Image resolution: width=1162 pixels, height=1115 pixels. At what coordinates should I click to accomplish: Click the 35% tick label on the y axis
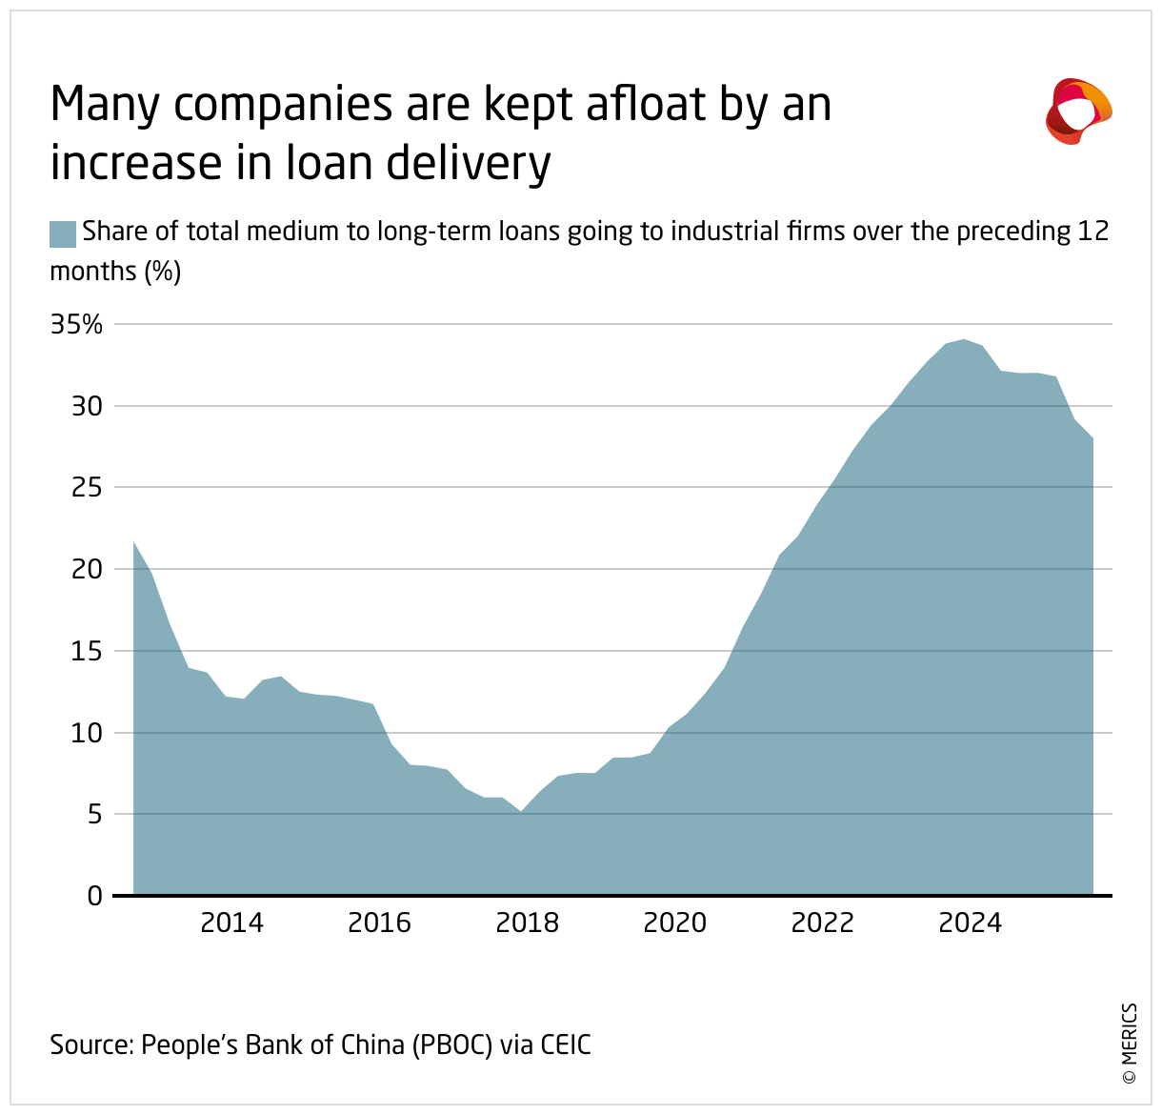point(76,325)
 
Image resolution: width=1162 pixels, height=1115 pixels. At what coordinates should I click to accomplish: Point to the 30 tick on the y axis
point(87,406)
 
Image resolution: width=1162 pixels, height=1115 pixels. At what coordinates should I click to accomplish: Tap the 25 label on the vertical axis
point(87,488)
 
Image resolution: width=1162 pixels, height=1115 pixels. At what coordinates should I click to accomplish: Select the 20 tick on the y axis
point(87,570)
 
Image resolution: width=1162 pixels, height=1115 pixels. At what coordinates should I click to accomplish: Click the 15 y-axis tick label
point(87,652)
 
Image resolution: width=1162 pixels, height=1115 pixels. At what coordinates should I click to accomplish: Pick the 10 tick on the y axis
point(87,733)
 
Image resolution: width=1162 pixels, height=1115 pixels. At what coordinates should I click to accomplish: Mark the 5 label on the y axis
point(94,815)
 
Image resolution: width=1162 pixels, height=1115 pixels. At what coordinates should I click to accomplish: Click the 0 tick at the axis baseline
point(94,896)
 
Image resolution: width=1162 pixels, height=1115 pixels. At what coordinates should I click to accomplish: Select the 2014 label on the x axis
point(231,923)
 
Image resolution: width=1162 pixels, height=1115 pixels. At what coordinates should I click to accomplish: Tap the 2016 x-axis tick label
point(379,923)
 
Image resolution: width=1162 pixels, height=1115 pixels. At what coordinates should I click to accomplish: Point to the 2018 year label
point(528,923)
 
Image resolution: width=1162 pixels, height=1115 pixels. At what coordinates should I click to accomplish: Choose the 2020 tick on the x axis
point(675,923)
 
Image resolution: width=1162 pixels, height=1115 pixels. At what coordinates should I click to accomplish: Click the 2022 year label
point(823,923)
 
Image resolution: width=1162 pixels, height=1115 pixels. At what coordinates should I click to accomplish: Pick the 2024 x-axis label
point(971,923)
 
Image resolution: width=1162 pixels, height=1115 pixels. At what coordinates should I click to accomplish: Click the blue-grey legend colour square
point(63,233)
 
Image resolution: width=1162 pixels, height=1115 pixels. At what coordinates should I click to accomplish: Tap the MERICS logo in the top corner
point(1078,111)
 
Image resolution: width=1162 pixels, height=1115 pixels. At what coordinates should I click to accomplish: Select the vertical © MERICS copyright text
point(1129,1043)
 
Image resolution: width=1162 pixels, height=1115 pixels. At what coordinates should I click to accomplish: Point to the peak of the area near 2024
point(964,339)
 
